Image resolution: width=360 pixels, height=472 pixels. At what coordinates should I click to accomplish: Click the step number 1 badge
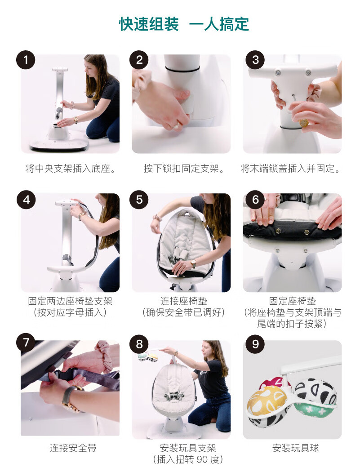coord(26,60)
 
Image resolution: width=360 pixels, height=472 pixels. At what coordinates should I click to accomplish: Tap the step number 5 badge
coord(139,199)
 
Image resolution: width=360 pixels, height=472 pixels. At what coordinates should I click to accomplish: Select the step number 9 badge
coord(255,343)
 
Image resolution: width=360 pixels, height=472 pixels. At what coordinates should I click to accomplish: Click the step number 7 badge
coord(26,342)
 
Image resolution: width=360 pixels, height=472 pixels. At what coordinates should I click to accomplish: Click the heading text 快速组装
coord(149,24)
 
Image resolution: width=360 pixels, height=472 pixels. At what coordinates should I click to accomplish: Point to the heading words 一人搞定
coord(219,24)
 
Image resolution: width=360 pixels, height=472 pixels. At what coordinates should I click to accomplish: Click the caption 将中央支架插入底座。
coord(71,169)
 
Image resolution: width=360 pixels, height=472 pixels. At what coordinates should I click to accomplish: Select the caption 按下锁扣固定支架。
coord(184,169)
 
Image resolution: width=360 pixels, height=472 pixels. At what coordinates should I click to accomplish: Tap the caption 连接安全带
coord(73,448)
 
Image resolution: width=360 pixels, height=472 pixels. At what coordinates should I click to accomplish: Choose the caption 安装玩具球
coord(295,448)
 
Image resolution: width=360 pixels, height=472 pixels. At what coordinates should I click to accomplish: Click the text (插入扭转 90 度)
coord(188,459)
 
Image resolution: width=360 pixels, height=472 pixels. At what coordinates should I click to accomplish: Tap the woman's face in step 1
coord(90,70)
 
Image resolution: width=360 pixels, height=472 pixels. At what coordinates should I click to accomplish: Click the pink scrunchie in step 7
coord(105,355)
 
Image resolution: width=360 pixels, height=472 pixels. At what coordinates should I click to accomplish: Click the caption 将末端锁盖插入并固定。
coord(291,169)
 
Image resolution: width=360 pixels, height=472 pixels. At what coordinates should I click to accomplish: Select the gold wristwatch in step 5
coord(193,264)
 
